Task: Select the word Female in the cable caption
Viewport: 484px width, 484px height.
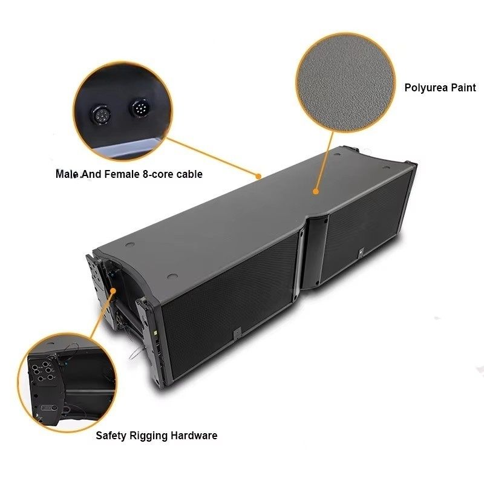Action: pos(122,174)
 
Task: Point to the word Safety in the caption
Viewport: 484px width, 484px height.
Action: pos(111,436)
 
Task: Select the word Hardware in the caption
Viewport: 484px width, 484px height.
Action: pos(194,436)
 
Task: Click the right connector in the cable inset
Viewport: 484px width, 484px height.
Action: pos(140,108)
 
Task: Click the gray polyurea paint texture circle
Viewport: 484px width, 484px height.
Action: pos(345,83)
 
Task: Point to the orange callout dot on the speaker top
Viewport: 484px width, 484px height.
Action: pos(315,191)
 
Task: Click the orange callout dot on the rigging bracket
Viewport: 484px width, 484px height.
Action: pos(113,291)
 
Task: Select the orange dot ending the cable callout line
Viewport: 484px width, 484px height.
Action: pos(259,176)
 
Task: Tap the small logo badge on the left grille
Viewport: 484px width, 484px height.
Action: pos(237,333)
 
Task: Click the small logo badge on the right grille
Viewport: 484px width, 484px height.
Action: pos(361,253)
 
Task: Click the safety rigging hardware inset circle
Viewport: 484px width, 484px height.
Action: pos(67,383)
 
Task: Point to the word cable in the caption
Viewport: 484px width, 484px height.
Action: pos(189,174)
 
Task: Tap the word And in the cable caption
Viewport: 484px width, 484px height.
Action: pos(91,174)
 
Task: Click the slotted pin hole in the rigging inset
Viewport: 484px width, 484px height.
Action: pos(50,408)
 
